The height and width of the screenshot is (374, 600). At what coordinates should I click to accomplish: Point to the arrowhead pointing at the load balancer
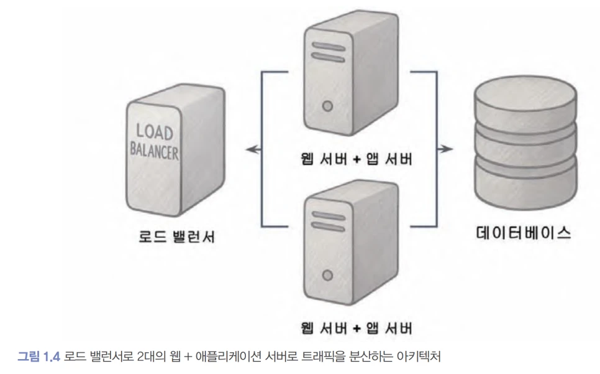tap(249, 149)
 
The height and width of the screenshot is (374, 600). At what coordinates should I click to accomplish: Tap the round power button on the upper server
tap(327, 106)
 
